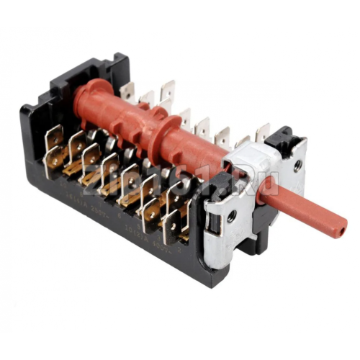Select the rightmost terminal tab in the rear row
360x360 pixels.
[x=264, y=132]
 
